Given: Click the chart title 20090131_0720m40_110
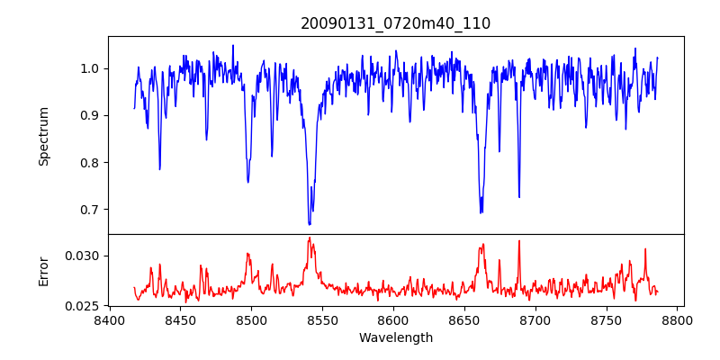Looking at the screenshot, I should (x=395, y=23).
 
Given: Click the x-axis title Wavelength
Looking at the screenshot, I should (x=395, y=337).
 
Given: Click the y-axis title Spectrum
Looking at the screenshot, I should (x=43, y=136).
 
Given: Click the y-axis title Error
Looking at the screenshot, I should (x=43, y=270).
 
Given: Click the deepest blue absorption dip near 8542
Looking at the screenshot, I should (x=310, y=223).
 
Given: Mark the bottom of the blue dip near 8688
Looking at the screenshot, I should (x=518, y=197).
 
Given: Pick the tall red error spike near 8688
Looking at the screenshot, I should (x=518, y=241).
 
